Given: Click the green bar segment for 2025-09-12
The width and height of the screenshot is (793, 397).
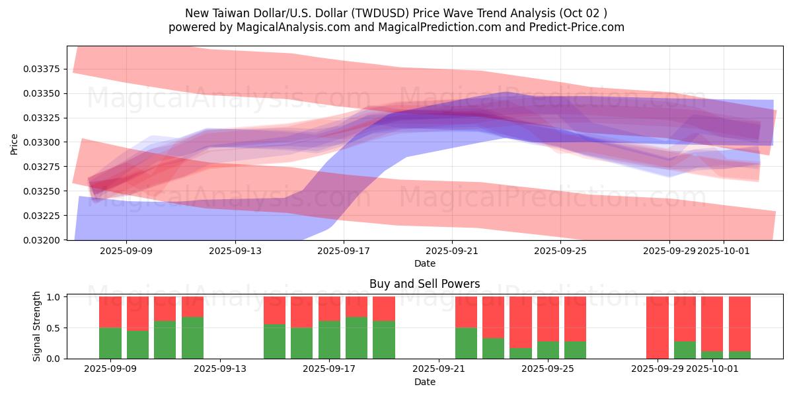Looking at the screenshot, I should click(192, 337).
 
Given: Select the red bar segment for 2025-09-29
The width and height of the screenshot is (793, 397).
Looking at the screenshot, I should click(658, 327).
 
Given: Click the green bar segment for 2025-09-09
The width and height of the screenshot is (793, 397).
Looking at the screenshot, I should click(110, 343).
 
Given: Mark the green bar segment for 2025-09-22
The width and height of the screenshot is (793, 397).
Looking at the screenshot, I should click(466, 343).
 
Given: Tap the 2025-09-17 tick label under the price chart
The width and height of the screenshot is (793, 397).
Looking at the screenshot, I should click(343, 251).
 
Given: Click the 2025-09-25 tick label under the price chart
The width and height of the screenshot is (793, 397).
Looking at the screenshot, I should click(560, 251).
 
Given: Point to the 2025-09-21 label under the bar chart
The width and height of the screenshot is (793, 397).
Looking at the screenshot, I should click(439, 369).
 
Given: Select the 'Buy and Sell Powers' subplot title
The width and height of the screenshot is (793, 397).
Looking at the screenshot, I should click(424, 285).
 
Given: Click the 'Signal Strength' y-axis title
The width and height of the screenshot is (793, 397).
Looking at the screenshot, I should click(37, 326).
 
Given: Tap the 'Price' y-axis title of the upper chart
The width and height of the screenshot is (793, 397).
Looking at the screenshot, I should click(15, 143).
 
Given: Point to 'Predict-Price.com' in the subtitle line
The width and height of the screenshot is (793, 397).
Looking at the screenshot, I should click(578, 27).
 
